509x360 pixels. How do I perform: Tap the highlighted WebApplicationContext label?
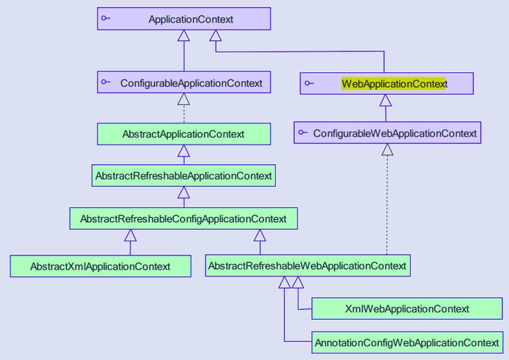(x=394, y=83)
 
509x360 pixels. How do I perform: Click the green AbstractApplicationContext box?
(x=184, y=134)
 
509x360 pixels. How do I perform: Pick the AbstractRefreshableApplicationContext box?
(x=184, y=175)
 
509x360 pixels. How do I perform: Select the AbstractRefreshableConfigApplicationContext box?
(x=184, y=219)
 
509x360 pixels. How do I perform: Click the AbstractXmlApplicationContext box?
(x=100, y=266)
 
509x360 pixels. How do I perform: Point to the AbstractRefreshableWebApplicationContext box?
(x=308, y=266)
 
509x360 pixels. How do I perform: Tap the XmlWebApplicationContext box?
(x=407, y=308)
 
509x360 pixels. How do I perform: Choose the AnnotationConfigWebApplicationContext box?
(x=407, y=342)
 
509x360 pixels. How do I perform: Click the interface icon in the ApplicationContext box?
(x=105, y=18)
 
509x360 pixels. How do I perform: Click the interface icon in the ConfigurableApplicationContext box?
(x=105, y=82)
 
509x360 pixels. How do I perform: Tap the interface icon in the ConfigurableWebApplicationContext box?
(x=303, y=132)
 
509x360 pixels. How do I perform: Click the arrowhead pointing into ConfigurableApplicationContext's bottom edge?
(x=184, y=99)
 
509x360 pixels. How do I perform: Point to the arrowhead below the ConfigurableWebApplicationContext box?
(x=387, y=149)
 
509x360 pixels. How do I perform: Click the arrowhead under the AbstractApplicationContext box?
(x=184, y=151)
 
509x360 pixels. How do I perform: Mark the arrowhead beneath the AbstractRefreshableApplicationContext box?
(x=184, y=192)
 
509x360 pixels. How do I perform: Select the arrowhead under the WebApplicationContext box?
(x=385, y=100)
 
